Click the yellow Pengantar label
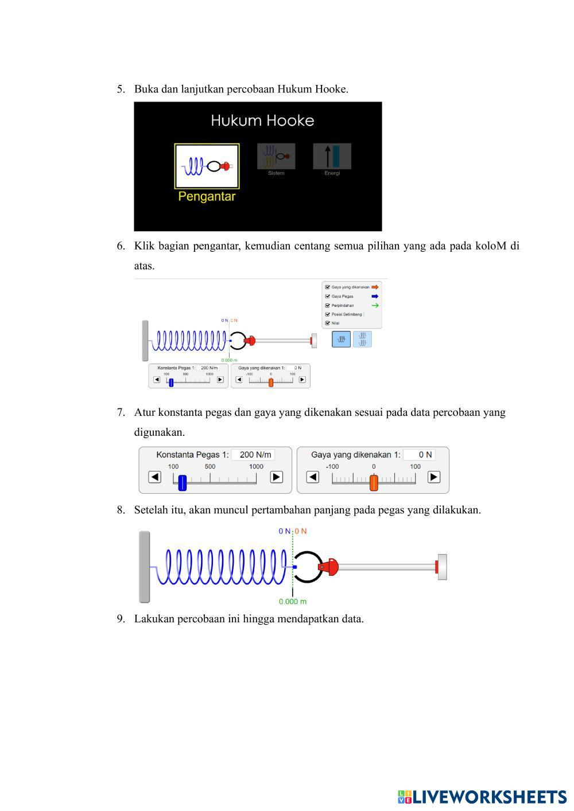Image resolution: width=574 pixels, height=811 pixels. point(207,196)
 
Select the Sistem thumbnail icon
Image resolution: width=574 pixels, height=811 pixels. point(276,156)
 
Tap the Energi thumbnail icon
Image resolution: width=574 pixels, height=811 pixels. point(332,156)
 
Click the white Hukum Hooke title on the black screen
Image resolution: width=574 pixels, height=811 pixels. point(262,120)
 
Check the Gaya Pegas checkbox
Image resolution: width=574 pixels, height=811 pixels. point(328,297)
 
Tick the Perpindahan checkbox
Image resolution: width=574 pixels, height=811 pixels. point(328,306)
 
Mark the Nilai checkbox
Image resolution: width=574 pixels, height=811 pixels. point(328,323)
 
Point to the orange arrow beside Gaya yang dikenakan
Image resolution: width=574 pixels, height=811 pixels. point(375,287)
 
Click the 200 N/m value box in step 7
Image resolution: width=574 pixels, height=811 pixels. point(253,455)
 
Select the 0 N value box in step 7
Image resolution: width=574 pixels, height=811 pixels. point(419,455)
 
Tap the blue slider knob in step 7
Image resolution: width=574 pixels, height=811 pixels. point(183,482)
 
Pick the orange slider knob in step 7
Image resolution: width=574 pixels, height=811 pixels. point(374,482)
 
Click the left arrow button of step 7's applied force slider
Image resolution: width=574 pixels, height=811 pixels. point(313,477)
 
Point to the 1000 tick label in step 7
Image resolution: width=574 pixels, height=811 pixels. point(256,466)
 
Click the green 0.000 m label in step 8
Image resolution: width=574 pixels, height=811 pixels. point(293,602)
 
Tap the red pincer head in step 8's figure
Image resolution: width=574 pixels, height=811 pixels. point(330,567)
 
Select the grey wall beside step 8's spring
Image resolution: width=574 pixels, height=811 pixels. point(145,567)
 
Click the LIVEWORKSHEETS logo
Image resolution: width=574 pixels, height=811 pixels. point(482,797)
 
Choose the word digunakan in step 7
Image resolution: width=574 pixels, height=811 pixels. point(159,432)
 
